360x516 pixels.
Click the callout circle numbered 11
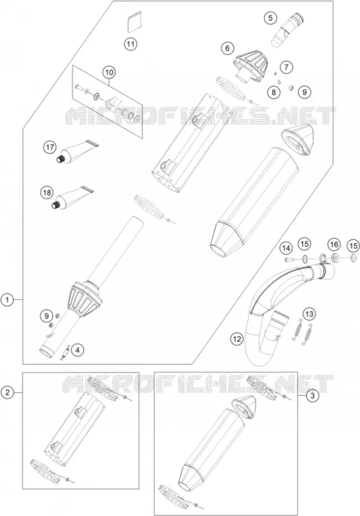[x=130, y=43]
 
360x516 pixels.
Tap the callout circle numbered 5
[x=270, y=18]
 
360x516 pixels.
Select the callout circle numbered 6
[x=227, y=48]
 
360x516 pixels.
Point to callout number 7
[x=286, y=67]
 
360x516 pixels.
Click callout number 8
[x=274, y=92]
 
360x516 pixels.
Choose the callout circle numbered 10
[x=109, y=72]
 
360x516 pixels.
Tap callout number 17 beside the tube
[x=50, y=147]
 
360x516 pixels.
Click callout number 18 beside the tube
[x=46, y=192]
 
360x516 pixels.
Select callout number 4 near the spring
[x=77, y=350]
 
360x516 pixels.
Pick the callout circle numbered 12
[x=237, y=339]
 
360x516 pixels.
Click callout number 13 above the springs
[x=309, y=314]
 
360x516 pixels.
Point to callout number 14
[x=286, y=248]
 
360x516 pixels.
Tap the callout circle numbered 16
[x=334, y=244]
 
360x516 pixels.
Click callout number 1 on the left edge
[x=7, y=299]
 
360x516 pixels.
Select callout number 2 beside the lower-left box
[x=7, y=392]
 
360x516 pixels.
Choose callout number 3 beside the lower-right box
[x=312, y=396]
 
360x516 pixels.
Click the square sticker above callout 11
[x=134, y=22]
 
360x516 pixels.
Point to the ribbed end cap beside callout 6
[x=250, y=65]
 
